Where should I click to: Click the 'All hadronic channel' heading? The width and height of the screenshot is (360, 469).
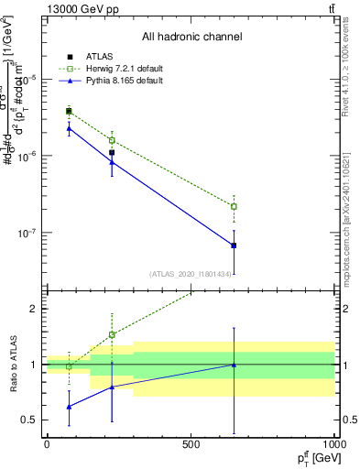tap(191, 38)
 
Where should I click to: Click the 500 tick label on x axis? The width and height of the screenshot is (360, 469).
tap(191, 444)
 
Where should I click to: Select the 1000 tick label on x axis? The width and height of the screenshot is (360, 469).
tap(334, 444)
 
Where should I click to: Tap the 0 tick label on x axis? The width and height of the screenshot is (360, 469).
tap(47, 444)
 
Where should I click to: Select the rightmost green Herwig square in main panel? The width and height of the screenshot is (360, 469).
tap(234, 206)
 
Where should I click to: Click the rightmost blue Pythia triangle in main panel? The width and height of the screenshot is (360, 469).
tap(234, 245)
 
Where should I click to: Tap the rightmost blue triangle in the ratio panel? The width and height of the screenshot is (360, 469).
tap(234, 365)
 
